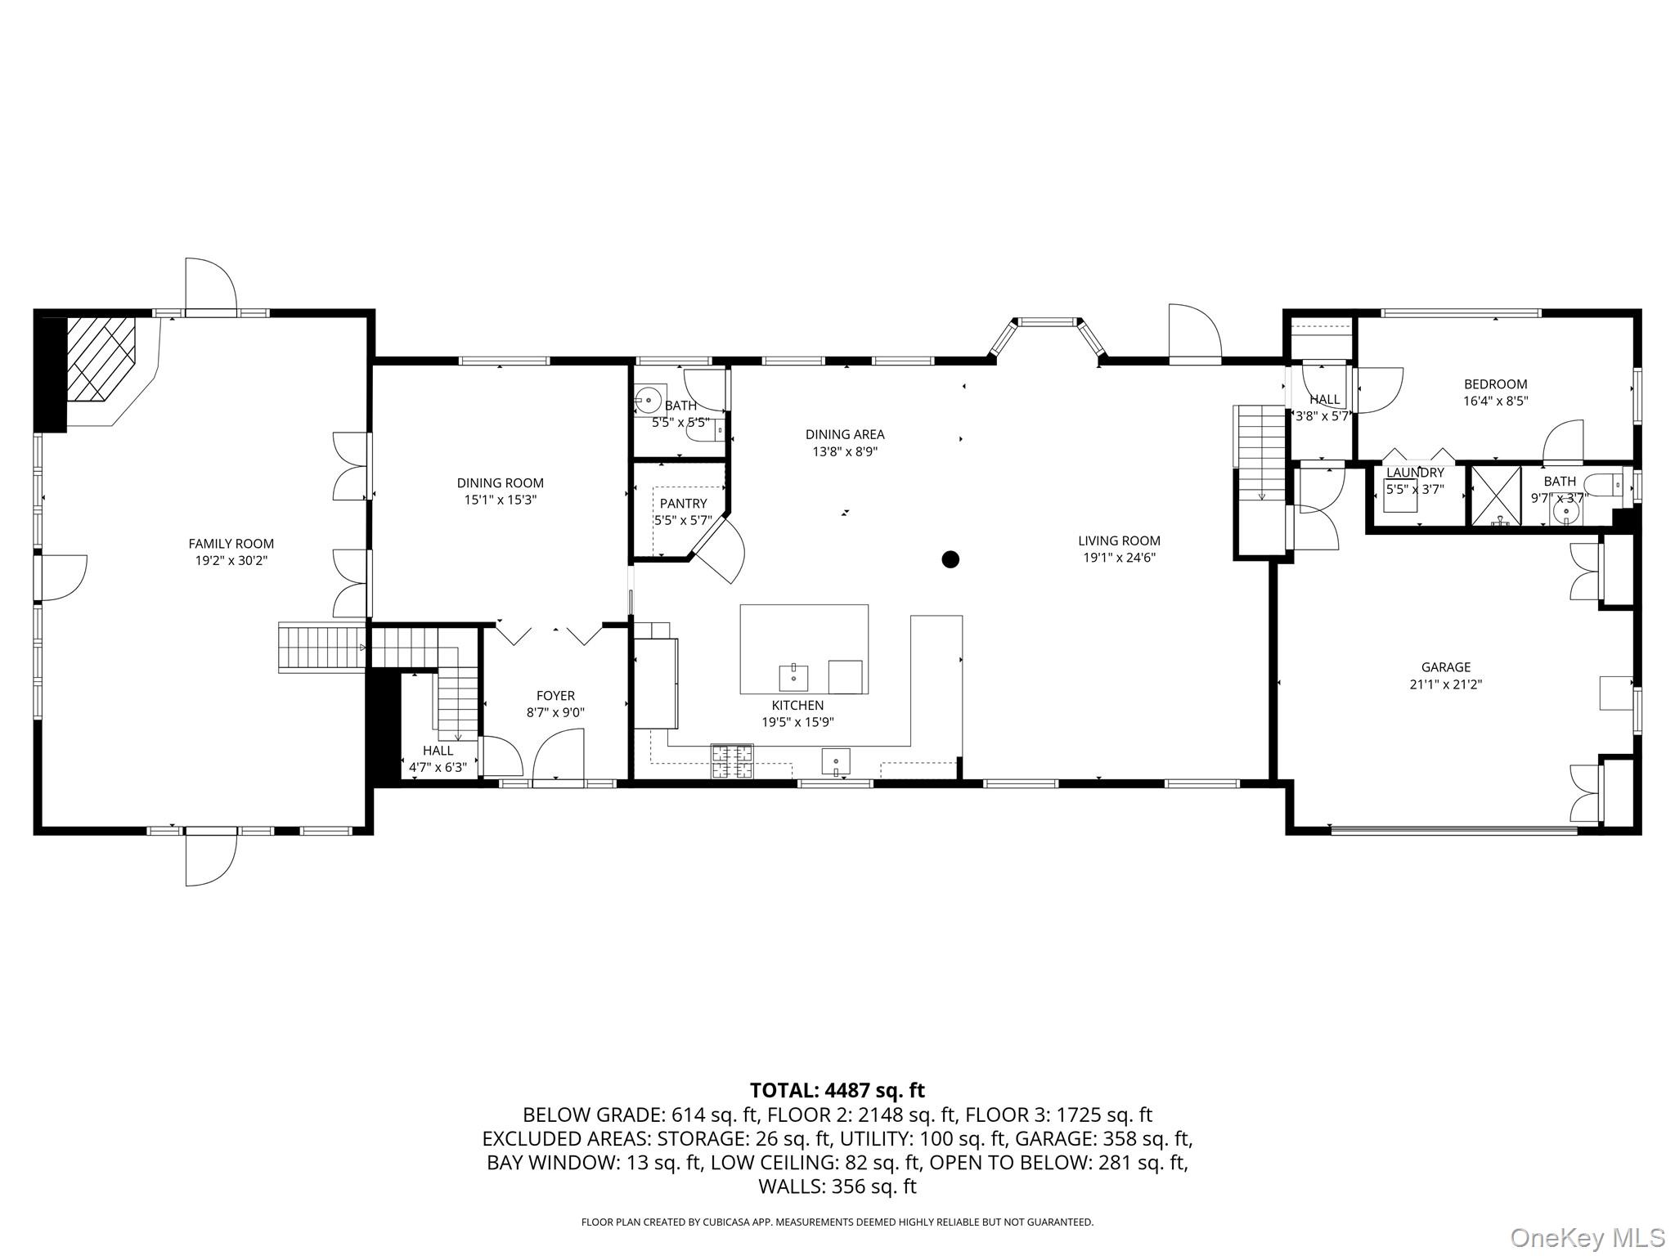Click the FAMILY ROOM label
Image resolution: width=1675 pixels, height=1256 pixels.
tap(231, 544)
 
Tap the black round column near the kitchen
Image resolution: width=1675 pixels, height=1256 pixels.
tap(950, 559)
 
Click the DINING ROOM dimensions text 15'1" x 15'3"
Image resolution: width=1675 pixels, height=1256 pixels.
tap(500, 500)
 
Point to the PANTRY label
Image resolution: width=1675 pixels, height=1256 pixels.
tap(683, 504)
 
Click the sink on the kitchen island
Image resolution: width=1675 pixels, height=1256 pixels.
tap(793, 677)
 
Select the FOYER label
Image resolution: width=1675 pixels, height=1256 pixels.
tap(555, 696)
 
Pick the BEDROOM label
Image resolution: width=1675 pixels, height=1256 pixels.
tap(1495, 384)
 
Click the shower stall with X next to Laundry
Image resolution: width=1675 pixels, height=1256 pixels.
tap(1496, 495)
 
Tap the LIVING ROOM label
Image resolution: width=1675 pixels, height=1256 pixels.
tap(1119, 541)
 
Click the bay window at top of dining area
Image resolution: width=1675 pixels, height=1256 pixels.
tap(1048, 323)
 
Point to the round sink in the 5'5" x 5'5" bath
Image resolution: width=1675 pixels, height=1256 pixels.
tap(648, 400)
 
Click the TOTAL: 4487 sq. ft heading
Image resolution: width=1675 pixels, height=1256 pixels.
tap(837, 1090)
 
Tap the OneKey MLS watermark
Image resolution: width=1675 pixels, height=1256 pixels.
tap(1587, 1236)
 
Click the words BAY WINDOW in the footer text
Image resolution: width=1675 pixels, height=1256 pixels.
tap(552, 1163)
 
